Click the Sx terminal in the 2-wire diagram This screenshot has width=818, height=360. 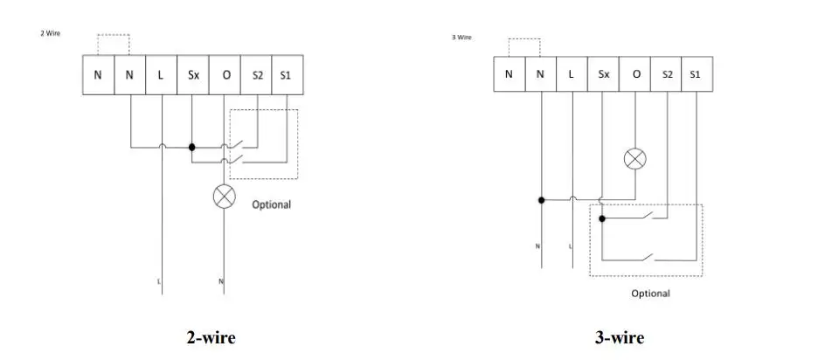[x=193, y=74]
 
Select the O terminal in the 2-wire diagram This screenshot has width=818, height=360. [x=225, y=74]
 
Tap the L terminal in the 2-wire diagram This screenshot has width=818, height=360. [x=161, y=74]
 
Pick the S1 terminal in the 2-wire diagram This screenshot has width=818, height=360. [x=288, y=74]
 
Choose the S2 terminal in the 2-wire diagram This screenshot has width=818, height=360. [x=256, y=74]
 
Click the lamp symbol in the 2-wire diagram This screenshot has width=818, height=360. [x=225, y=197]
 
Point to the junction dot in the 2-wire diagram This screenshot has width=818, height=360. [x=192, y=147]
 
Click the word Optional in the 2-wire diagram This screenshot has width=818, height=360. [x=271, y=204]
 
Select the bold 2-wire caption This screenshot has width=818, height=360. [x=211, y=337]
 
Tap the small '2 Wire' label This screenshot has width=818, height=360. [x=51, y=33]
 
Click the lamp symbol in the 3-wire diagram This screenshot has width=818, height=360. [x=634, y=159]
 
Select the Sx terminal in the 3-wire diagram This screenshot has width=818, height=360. [x=604, y=74]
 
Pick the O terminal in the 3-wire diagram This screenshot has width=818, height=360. [x=634, y=74]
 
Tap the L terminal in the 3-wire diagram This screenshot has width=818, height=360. [x=572, y=74]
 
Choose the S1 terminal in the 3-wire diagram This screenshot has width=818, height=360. [x=697, y=74]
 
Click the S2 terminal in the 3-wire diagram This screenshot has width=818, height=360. [x=666, y=74]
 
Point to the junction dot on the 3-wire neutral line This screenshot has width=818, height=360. [x=542, y=200]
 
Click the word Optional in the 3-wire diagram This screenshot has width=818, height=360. [x=650, y=294]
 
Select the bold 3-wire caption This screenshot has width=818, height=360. [x=620, y=337]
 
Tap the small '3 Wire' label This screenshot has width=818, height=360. [x=461, y=38]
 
